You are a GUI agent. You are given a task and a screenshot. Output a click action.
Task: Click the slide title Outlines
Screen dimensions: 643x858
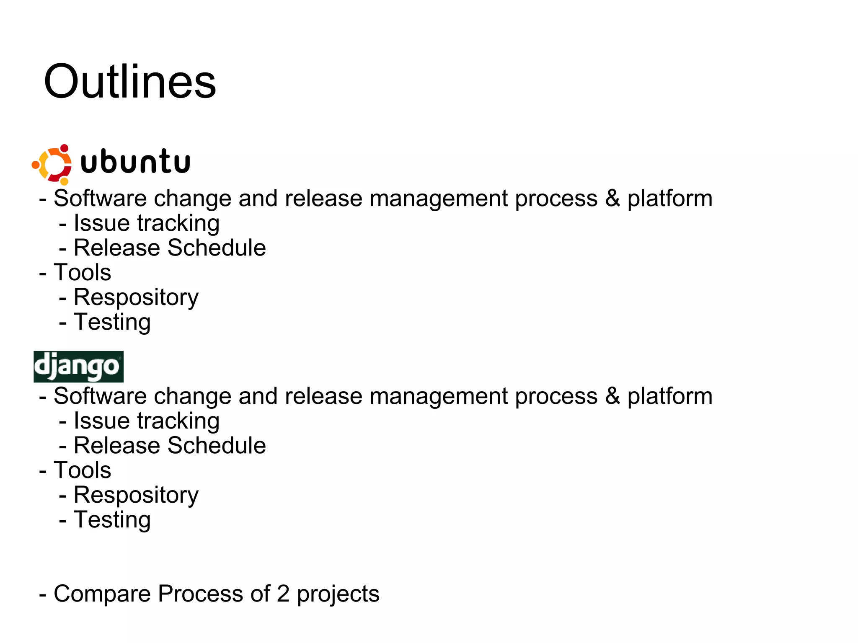(130, 82)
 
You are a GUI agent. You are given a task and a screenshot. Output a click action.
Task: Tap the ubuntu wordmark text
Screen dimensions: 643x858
(135, 162)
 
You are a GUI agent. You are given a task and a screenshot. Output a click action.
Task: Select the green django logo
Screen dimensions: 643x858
(78, 367)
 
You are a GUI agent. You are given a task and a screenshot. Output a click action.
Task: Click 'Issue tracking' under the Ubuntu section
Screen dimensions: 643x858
(146, 223)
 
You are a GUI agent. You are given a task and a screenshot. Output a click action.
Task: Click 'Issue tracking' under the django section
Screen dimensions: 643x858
(146, 421)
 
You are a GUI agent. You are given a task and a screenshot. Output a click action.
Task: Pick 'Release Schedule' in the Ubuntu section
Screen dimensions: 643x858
(170, 248)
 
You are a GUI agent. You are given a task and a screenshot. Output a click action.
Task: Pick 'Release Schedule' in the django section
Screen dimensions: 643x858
(170, 445)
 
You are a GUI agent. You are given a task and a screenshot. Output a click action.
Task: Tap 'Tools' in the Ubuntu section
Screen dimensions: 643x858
(82, 272)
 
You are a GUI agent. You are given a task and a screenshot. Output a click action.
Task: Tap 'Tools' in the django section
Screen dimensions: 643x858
(82, 470)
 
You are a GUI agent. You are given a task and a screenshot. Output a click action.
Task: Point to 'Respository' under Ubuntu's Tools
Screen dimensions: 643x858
(136, 297)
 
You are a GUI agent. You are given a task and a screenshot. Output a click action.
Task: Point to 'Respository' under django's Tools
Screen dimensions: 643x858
(136, 495)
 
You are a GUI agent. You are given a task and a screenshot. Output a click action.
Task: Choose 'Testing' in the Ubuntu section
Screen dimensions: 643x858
(112, 322)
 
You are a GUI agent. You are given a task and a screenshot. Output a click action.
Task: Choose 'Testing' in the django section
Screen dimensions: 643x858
(112, 519)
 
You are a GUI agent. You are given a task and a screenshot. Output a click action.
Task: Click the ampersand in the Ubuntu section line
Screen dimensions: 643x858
(612, 198)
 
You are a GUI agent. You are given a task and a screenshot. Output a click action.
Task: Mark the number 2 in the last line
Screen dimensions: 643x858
(283, 594)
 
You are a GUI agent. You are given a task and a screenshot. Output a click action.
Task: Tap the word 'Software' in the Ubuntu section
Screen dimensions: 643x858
(100, 198)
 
